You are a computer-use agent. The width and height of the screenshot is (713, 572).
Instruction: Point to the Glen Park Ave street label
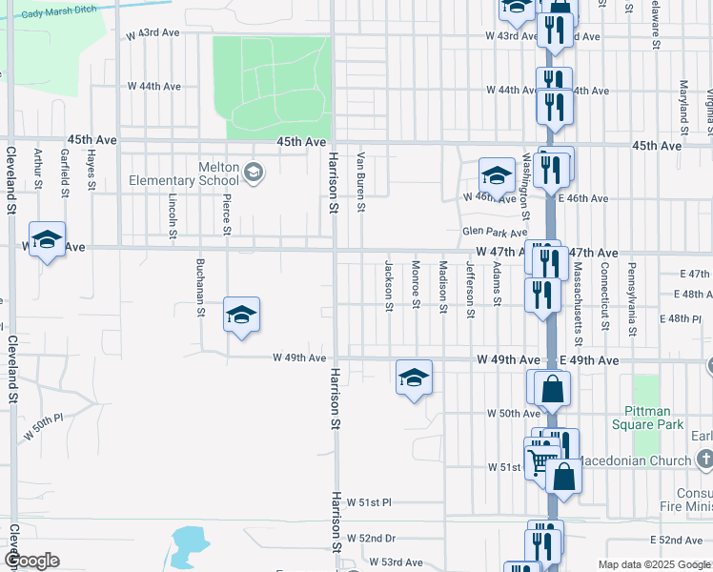pyautogui.click(x=494, y=233)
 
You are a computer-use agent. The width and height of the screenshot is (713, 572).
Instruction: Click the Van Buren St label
pyautogui.click(x=361, y=181)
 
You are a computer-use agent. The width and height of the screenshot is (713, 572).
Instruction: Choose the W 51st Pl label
pyautogui.click(x=369, y=501)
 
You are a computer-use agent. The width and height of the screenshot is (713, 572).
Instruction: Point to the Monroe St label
pyautogui.click(x=416, y=284)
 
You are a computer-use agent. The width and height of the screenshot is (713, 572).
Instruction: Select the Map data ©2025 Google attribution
pyautogui.click(x=653, y=565)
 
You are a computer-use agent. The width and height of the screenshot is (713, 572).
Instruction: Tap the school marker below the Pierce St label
pyautogui.click(x=242, y=315)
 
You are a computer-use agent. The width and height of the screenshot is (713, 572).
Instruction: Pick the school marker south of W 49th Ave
pyautogui.click(x=414, y=378)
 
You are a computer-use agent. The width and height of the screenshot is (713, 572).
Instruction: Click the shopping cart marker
pyautogui.click(x=540, y=460)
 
